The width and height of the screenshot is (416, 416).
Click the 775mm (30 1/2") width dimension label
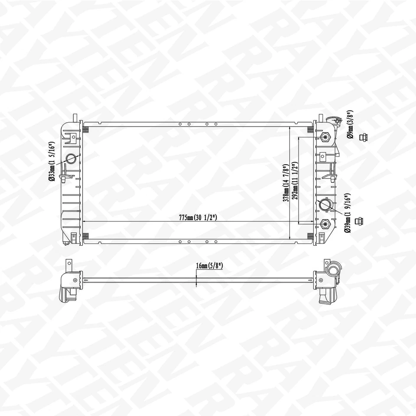pos(198,218)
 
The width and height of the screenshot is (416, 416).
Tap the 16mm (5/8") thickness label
pos(209,266)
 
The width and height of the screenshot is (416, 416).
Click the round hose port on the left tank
pos(71,158)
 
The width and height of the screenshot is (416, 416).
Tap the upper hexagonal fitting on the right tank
pos(325,138)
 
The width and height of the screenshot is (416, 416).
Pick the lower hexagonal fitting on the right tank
pos(325,224)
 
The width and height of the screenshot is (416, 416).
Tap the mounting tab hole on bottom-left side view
pos(75,280)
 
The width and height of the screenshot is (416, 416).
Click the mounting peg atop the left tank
pos(75,118)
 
